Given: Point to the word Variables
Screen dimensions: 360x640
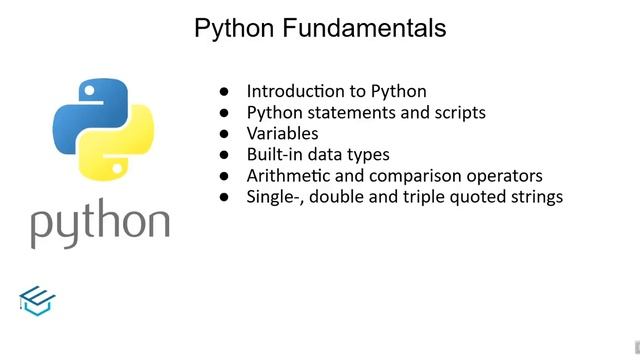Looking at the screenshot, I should point(283,133).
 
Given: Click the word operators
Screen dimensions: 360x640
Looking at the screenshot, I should point(506,176).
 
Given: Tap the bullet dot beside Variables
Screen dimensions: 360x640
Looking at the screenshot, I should point(225,133).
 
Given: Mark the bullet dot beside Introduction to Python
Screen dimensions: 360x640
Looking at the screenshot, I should point(225,91).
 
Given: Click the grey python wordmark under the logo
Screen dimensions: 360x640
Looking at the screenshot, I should point(99,224).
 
